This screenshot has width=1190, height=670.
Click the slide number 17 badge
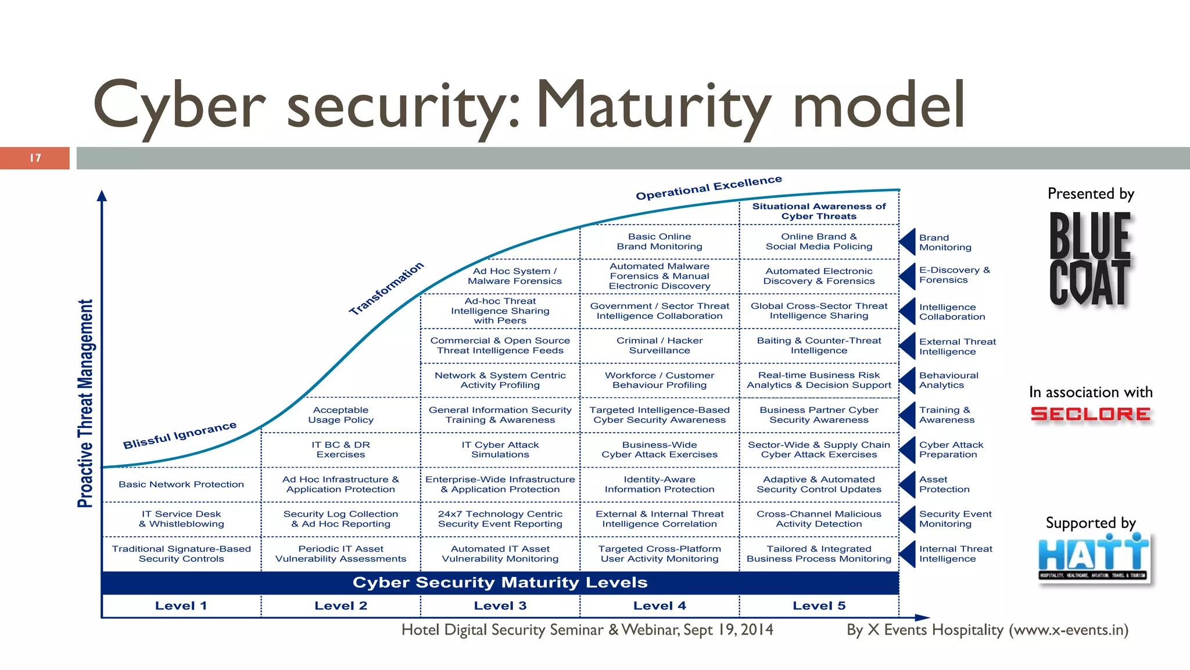coord(35,158)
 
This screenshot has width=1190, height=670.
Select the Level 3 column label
coord(500,605)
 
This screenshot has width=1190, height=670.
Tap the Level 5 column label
coord(819,605)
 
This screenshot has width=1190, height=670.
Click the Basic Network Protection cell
coord(181,484)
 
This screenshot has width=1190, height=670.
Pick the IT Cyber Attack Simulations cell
coord(500,450)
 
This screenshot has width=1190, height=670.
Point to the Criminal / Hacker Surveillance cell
coord(659,345)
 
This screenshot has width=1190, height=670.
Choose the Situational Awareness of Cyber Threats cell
coord(819,211)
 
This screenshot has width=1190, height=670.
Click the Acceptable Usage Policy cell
coord(340,415)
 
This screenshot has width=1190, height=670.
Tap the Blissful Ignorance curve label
coord(180,435)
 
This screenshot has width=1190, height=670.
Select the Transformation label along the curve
coord(386,288)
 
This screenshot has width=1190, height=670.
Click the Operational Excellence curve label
coord(708,188)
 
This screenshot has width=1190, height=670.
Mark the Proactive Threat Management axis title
coord(85,404)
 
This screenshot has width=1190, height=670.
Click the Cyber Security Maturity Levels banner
coord(500,583)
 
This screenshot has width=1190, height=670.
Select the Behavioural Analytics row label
coord(948,380)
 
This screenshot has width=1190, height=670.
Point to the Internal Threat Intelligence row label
coord(955,554)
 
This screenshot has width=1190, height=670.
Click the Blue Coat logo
coord(1089,259)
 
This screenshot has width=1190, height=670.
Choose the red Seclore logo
coord(1090,414)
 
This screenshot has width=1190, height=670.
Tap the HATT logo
coord(1093,557)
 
